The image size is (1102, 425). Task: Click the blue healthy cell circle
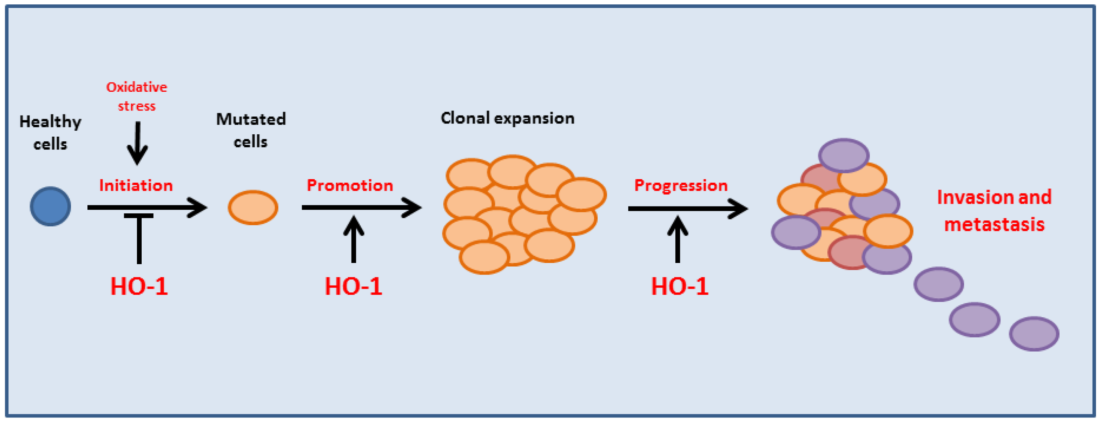coord(50,206)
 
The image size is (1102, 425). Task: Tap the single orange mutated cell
coord(253,208)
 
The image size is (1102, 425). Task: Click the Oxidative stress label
coord(137,96)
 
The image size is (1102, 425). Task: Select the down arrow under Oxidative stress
coord(137,143)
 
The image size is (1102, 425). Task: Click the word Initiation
coord(136,185)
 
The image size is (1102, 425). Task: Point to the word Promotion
coord(350,185)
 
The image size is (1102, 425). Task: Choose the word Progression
coord(681,185)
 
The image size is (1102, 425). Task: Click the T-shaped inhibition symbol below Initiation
coord(139,238)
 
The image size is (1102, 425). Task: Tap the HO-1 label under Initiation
coord(139,286)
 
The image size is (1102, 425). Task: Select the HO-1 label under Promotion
coord(353,286)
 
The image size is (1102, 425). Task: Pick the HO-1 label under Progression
coord(679,286)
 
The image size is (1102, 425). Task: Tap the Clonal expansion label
coord(508,118)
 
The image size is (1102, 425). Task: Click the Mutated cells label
coord(251,130)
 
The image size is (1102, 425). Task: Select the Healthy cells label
coord(50,133)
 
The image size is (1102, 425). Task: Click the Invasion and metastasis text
coord(994,211)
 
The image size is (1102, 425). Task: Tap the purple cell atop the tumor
coord(844,155)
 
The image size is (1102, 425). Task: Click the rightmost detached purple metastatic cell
coord(1034,334)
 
